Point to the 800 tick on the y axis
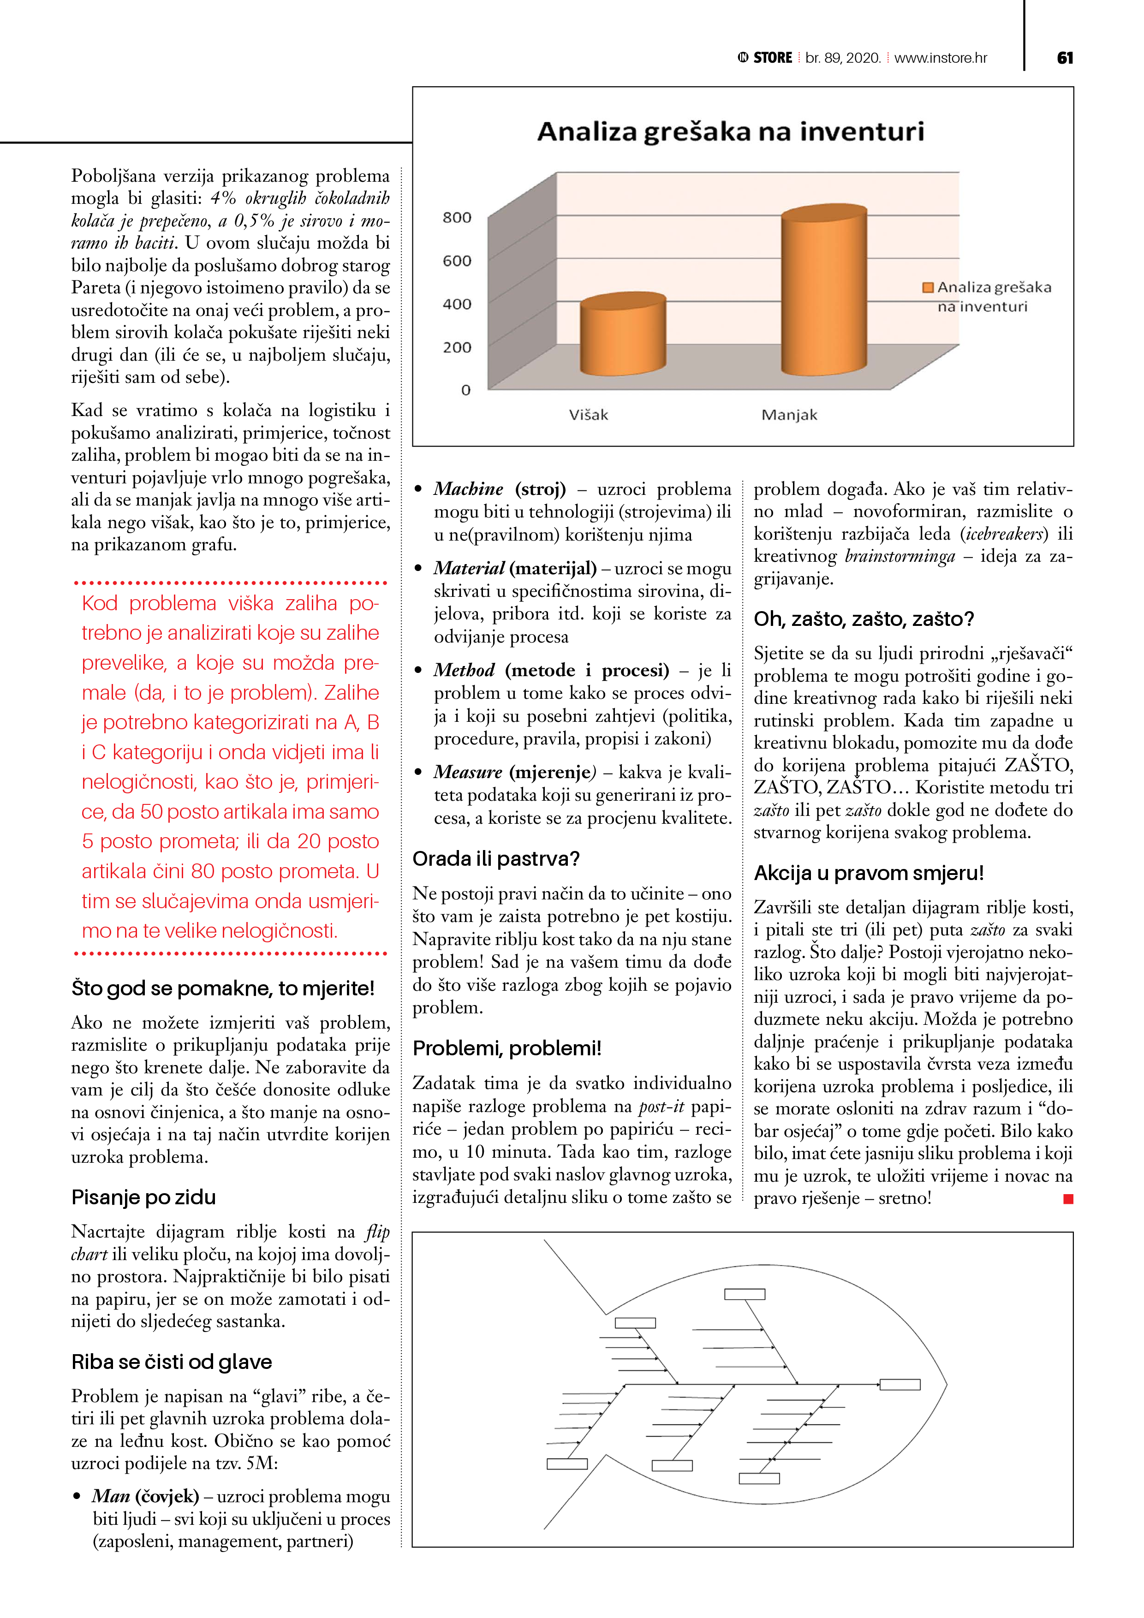click(x=457, y=218)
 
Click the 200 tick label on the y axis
click(x=457, y=347)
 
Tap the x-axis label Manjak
click(x=789, y=415)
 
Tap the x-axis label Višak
click(x=589, y=415)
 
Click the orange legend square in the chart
click(x=928, y=287)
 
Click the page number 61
click(x=1065, y=58)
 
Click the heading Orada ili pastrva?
click(x=495, y=859)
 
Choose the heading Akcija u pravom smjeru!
click(x=869, y=873)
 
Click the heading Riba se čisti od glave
click(x=171, y=1362)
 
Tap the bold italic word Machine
click(x=468, y=489)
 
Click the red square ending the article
click(x=1068, y=1199)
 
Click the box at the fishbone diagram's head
click(x=900, y=1385)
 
